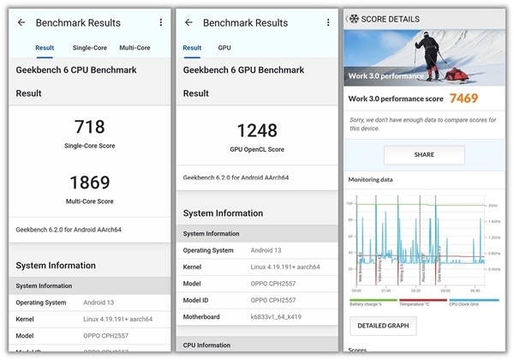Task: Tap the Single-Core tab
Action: pos(90,48)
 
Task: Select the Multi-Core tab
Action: pos(134,48)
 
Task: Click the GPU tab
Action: pos(224,48)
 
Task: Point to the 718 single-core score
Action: pos(89,128)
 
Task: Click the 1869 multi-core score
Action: pos(89,182)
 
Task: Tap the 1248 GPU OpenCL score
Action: pos(257,130)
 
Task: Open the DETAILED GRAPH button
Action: pos(383,325)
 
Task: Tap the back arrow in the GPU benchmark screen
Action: pos(188,22)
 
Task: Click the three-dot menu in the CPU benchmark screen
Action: pos(159,22)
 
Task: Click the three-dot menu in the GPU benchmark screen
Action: pos(327,22)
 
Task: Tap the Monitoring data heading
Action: pos(371,180)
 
